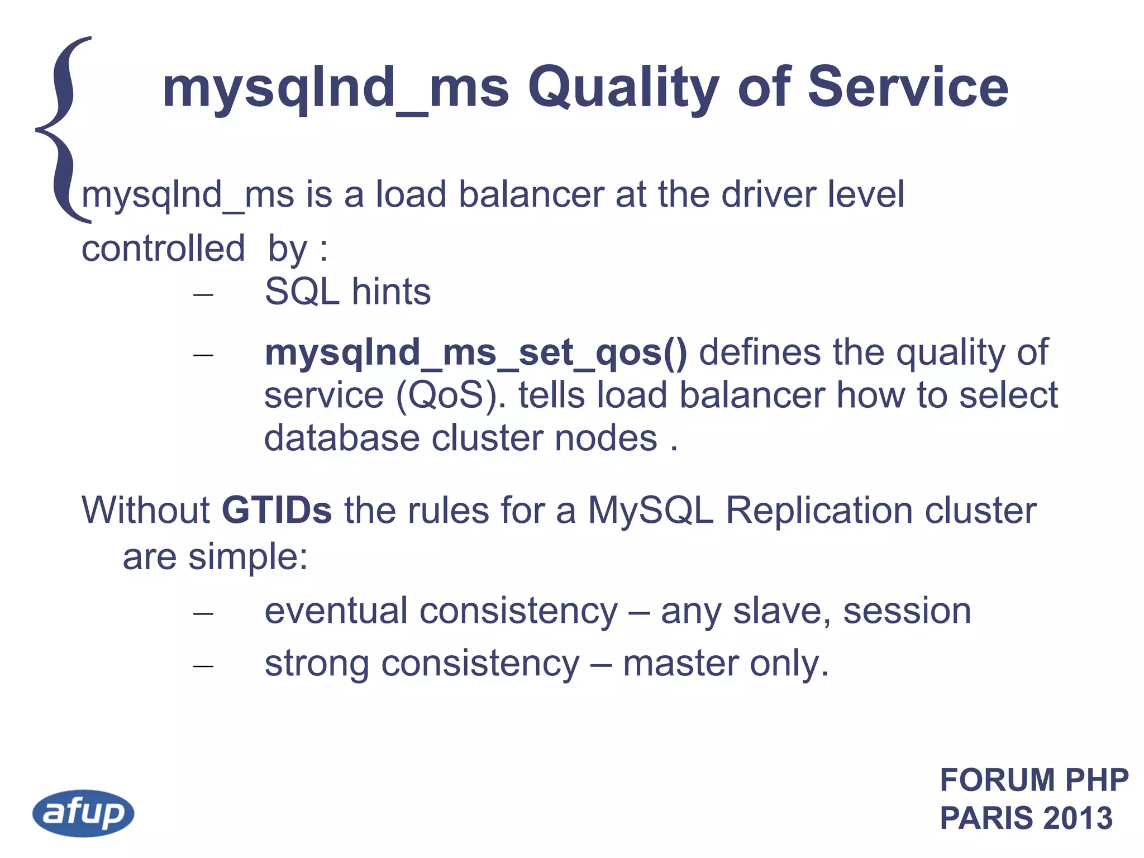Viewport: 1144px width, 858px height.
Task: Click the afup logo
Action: [83, 813]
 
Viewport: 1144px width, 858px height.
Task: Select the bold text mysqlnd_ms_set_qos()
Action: [475, 353]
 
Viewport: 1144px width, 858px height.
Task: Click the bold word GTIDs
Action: [277, 510]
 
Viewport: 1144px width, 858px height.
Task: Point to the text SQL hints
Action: [347, 292]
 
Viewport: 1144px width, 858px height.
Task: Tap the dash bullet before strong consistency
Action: [203, 666]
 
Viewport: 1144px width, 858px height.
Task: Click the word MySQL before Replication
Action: [650, 510]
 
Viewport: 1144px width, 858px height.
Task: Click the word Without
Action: [145, 510]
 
